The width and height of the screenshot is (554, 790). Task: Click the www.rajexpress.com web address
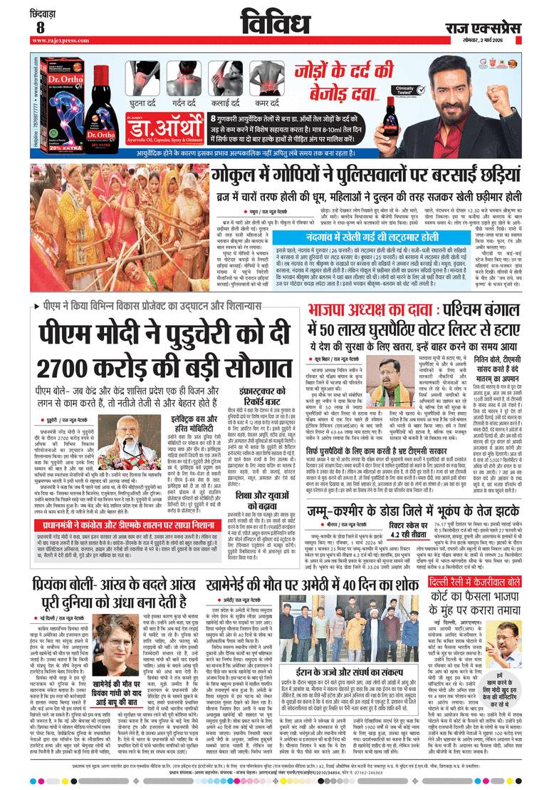point(58,41)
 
